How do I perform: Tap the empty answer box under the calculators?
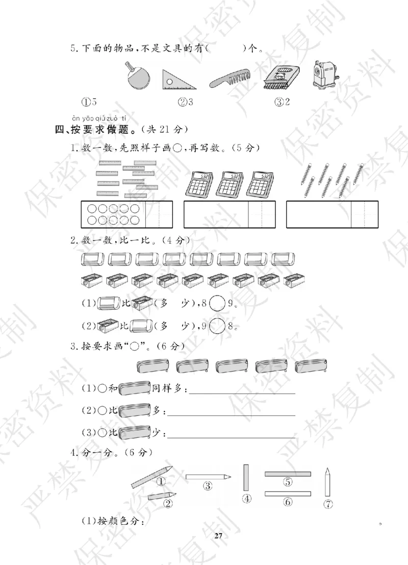216,214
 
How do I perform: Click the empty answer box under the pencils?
319,214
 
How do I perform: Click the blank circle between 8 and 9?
217,303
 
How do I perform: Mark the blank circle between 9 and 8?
217,326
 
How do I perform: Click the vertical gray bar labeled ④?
247,477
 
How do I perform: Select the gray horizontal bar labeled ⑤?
288,474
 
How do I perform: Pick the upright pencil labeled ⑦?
328,482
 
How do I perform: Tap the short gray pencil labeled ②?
162,496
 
